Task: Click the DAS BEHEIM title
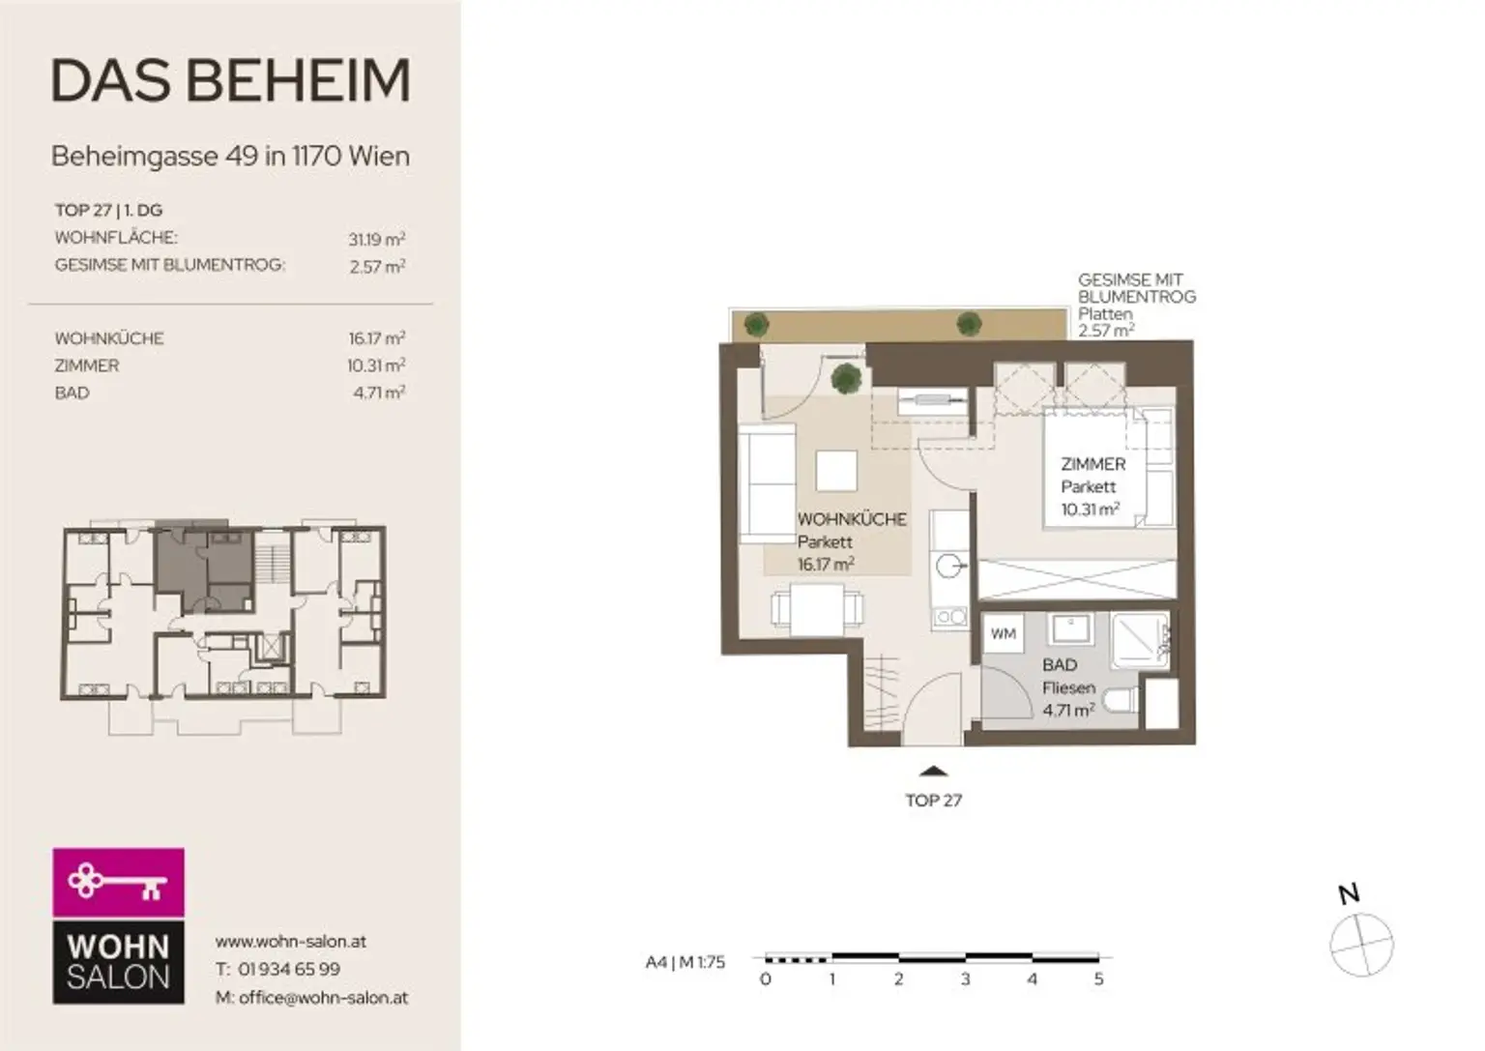tap(230, 80)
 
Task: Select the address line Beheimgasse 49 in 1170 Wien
tap(230, 156)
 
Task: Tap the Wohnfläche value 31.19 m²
tap(376, 239)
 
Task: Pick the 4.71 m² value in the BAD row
tap(378, 393)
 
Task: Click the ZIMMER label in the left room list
tap(87, 365)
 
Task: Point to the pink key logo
tap(118, 882)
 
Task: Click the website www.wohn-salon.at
tap(290, 941)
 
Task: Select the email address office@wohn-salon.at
tap(323, 997)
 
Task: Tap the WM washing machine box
tap(1004, 634)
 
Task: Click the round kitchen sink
tap(949, 567)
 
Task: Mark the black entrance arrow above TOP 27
tap(933, 771)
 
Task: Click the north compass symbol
tap(1361, 944)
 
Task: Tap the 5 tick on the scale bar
tap(1098, 978)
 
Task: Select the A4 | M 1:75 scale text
tap(684, 962)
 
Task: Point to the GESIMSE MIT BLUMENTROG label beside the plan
tap(1136, 288)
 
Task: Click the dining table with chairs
tap(817, 610)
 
